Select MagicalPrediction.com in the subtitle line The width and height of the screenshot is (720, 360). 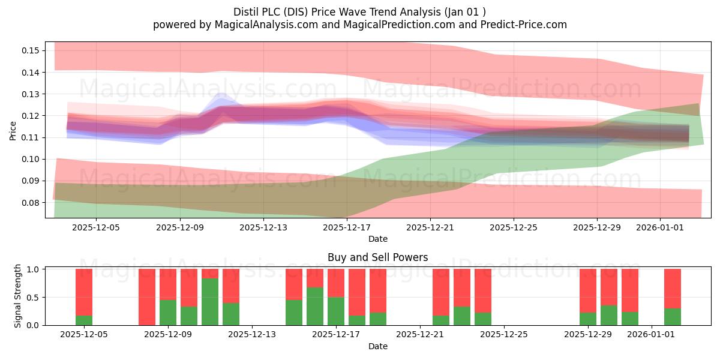pos(399,25)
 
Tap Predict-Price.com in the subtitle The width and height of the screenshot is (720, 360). pos(524,25)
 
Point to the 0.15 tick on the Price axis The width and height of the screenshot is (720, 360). pos(31,50)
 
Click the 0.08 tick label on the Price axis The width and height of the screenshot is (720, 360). pos(31,203)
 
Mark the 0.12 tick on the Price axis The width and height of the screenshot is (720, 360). pos(31,116)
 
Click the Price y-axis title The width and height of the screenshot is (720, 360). pos(13,131)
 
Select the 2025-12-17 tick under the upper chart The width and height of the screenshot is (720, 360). pos(347,227)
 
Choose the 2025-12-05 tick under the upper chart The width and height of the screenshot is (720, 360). pos(96,227)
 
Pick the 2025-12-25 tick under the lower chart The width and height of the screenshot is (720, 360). pos(504,335)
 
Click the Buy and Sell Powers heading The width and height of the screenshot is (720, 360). pos(377,257)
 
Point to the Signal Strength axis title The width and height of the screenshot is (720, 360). pos(17,296)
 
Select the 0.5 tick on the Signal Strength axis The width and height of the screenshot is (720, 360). pos(32,298)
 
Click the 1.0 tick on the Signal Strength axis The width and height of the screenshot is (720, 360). pos(32,269)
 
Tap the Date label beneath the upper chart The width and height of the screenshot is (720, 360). pos(377,239)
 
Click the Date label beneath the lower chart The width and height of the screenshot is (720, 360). pos(377,346)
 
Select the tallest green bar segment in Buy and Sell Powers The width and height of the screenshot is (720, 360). pos(210,302)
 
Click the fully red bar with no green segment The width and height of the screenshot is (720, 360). pos(147,297)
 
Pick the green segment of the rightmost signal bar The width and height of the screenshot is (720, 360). pos(673,317)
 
